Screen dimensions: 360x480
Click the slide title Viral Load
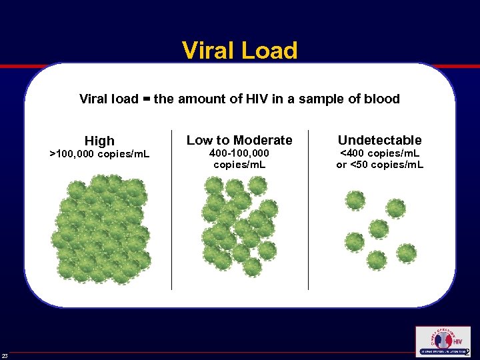pyautogui.click(x=239, y=51)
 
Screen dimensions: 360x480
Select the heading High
pyautogui.click(x=99, y=141)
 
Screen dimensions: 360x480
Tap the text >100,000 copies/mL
pyautogui.click(x=100, y=155)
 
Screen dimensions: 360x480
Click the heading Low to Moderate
pyautogui.click(x=239, y=140)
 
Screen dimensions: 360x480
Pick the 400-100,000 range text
pyautogui.click(x=239, y=154)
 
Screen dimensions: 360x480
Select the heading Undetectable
pyautogui.click(x=379, y=140)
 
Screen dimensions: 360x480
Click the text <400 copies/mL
pyautogui.click(x=379, y=154)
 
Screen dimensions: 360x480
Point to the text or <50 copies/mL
pyautogui.click(x=379, y=165)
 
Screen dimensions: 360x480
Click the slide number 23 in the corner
pyautogui.click(x=5, y=355)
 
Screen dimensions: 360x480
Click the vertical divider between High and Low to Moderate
pyautogui.click(x=172, y=210)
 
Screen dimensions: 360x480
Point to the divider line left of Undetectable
pyautogui.click(x=308, y=210)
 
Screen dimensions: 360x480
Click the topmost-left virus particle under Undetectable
pyautogui.click(x=355, y=200)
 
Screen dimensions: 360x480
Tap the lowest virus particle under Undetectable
pyautogui.click(x=377, y=260)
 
